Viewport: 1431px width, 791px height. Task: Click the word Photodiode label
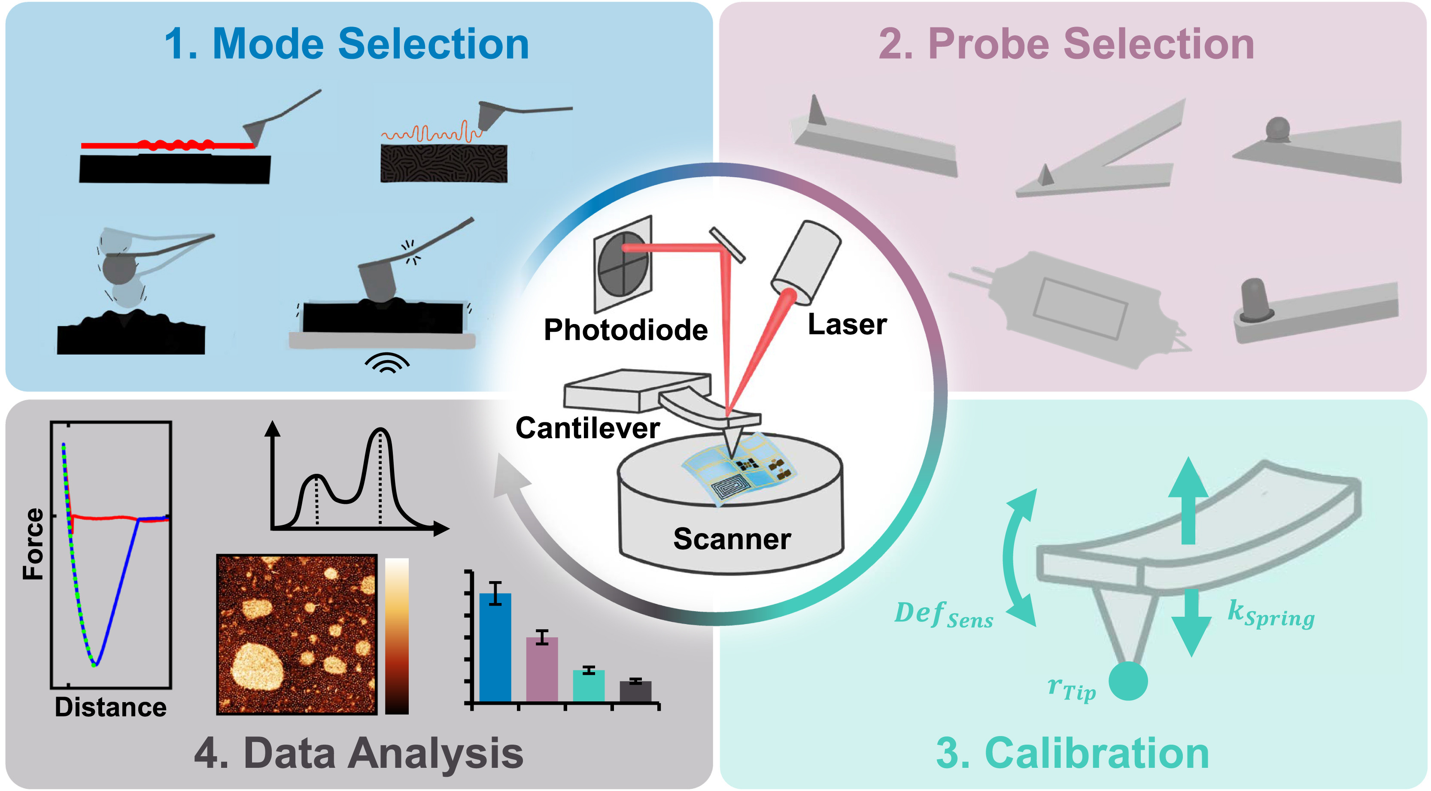(626, 330)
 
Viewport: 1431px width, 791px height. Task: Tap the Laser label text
(847, 324)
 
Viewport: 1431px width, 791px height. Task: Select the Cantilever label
(587, 428)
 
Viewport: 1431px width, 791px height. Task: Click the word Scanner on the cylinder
(732, 539)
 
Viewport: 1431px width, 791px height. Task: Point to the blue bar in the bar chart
(495, 647)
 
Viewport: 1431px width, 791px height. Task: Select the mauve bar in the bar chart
(542, 670)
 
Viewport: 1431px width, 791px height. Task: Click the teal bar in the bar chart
(588, 686)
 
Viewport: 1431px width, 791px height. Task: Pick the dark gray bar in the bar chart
(635, 691)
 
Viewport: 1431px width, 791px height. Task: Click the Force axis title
(33, 544)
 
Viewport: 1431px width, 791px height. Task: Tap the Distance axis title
(110, 707)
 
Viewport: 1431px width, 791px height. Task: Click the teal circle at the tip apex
(1128, 681)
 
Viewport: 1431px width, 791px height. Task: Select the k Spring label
(1270, 614)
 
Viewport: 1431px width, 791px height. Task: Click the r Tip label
(1071, 689)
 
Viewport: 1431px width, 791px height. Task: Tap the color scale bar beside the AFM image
(397, 636)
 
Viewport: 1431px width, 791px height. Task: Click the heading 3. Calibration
(1072, 753)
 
